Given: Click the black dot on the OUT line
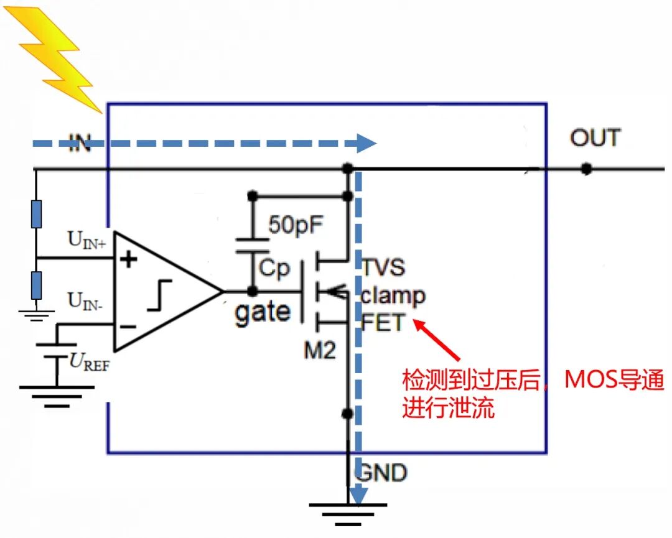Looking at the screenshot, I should pyautogui.click(x=586, y=169).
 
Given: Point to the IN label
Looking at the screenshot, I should pyautogui.click(x=79, y=144).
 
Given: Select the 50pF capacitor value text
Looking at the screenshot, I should pyautogui.click(x=296, y=225).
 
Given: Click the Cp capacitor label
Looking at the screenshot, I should pyautogui.click(x=274, y=268).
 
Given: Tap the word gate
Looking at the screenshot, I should pyautogui.click(x=262, y=311).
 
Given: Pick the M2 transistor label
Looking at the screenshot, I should pyautogui.click(x=320, y=350).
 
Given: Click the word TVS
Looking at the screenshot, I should pyautogui.click(x=385, y=267).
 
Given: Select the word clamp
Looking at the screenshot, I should pyautogui.click(x=393, y=295).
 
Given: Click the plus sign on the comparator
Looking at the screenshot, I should pyautogui.click(x=128, y=259).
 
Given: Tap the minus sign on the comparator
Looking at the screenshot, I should pyautogui.click(x=128, y=326).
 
